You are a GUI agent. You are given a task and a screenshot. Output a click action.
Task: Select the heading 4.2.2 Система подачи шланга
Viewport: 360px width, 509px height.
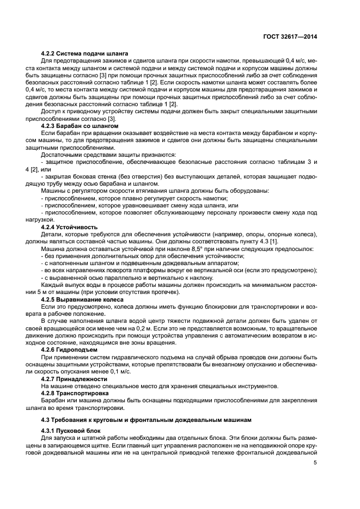tap(84, 53)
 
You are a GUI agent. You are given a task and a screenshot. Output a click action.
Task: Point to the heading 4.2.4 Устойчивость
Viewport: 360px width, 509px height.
tap(70, 226)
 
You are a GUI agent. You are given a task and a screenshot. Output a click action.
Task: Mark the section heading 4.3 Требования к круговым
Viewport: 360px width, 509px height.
tap(135, 420)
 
